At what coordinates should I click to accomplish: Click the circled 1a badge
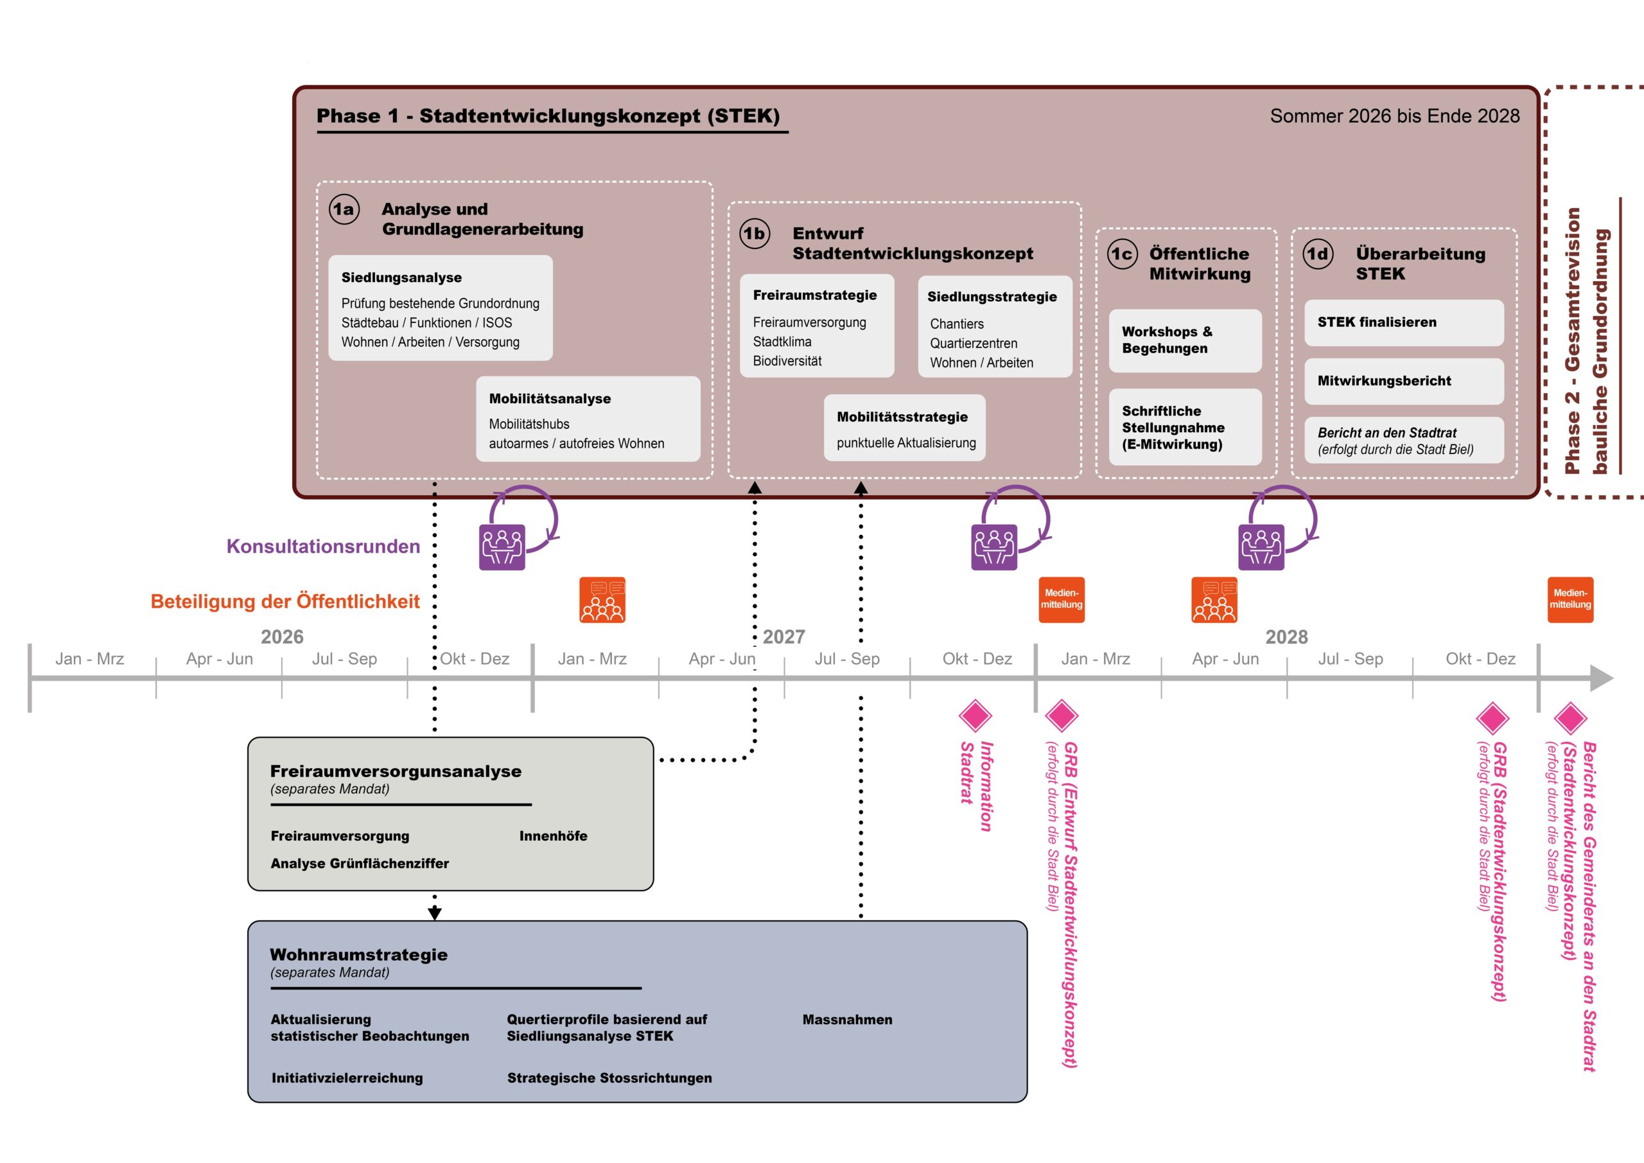(344, 209)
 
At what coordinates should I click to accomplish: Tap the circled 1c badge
(1122, 254)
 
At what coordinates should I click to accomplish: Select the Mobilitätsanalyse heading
(550, 399)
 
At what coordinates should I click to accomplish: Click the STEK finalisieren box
(1403, 322)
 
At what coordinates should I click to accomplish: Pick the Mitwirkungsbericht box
(1403, 381)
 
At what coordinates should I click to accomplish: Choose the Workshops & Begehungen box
(1185, 340)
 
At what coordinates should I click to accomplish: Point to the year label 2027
(784, 636)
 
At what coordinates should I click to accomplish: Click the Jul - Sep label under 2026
(344, 659)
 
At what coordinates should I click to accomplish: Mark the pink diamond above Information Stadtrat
(975, 715)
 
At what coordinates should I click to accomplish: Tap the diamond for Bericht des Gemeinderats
(1570, 717)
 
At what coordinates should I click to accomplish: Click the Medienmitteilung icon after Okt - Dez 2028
(1570, 599)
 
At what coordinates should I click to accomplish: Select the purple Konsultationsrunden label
(323, 547)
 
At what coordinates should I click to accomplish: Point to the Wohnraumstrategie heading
(359, 954)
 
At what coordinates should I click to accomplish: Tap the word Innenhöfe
(554, 835)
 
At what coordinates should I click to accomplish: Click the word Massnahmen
(847, 1019)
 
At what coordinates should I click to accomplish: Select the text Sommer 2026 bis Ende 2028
(1395, 116)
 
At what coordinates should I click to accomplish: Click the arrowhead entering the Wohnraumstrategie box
(435, 914)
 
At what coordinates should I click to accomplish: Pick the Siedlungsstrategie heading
(992, 297)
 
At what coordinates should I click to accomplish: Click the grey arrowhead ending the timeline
(1602, 678)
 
